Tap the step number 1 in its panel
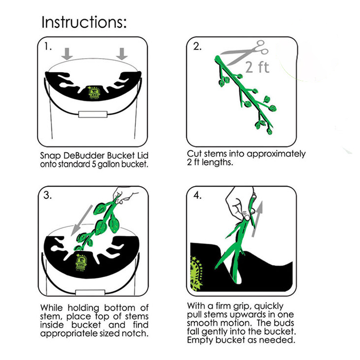(x=48, y=47)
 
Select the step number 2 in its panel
(x=197, y=47)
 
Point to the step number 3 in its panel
(x=47, y=195)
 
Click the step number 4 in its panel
(x=197, y=195)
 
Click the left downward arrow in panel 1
(x=67, y=54)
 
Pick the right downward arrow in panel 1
(x=122, y=54)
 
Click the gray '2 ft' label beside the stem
(x=257, y=67)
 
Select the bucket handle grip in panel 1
(x=93, y=114)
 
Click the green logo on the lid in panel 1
(x=94, y=93)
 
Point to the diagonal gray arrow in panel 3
(x=82, y=220)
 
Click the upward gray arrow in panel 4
(x=257, y=219)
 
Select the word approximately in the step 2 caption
(x=276, y=154)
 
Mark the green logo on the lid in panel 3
(x=81, y=262)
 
